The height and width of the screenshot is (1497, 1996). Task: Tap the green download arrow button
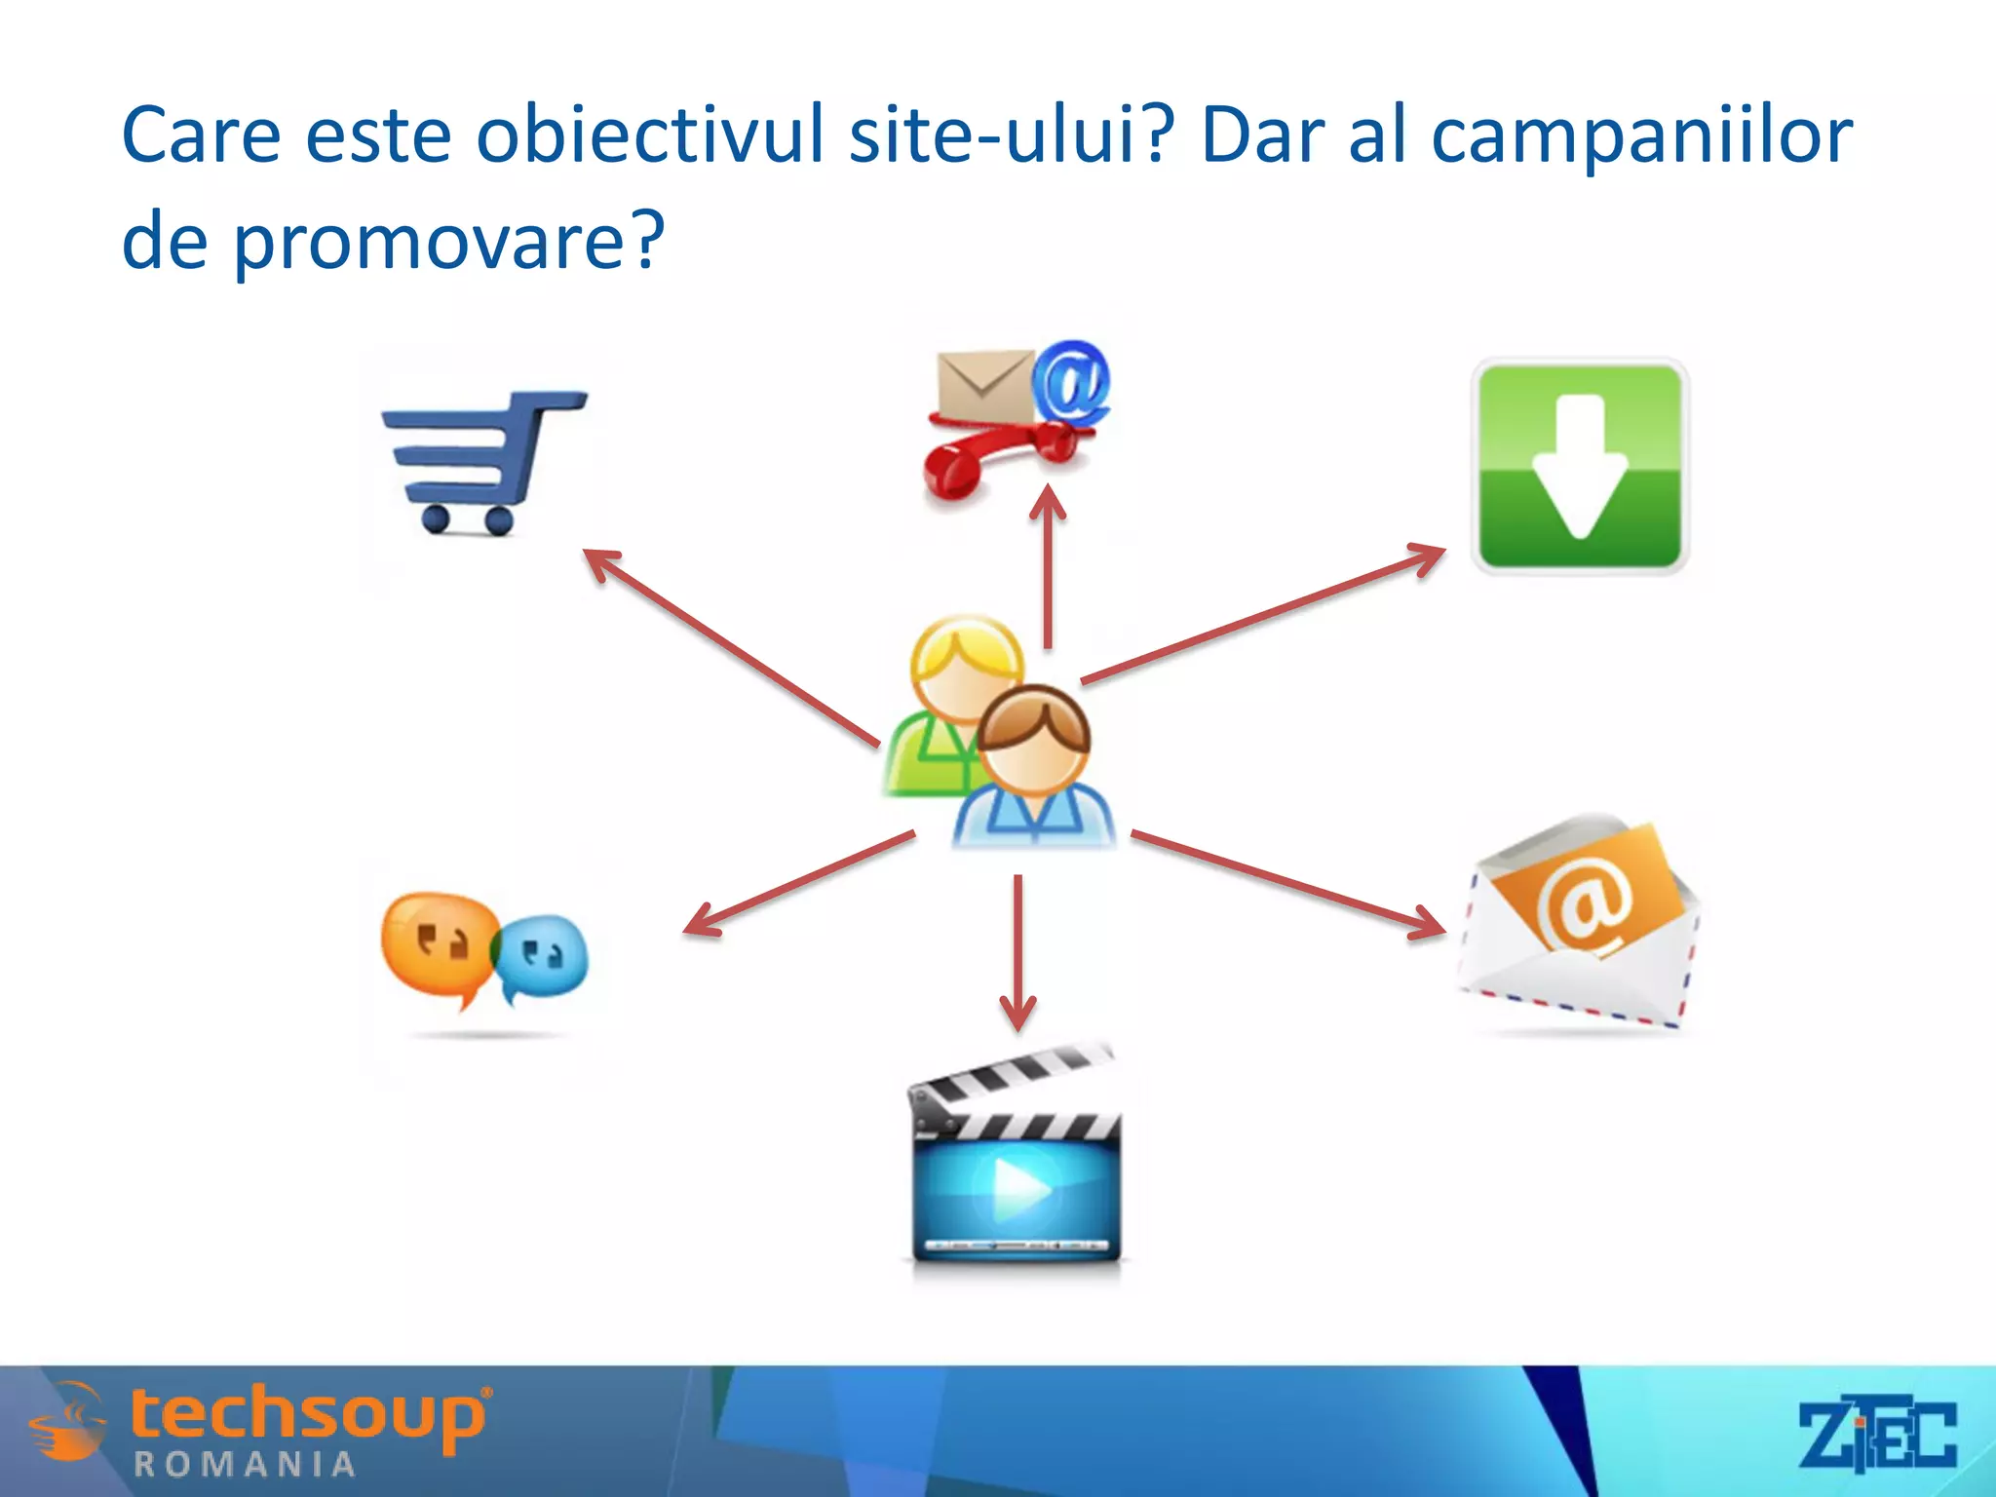tap(1579, 466)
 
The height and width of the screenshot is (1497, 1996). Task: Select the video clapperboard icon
tap(1017, 1160)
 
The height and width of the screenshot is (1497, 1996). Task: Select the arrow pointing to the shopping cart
tap(731, 648)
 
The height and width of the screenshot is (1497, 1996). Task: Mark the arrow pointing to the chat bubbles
tap(799, 883)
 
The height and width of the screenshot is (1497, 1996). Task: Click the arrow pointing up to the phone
tap(1048, 565)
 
